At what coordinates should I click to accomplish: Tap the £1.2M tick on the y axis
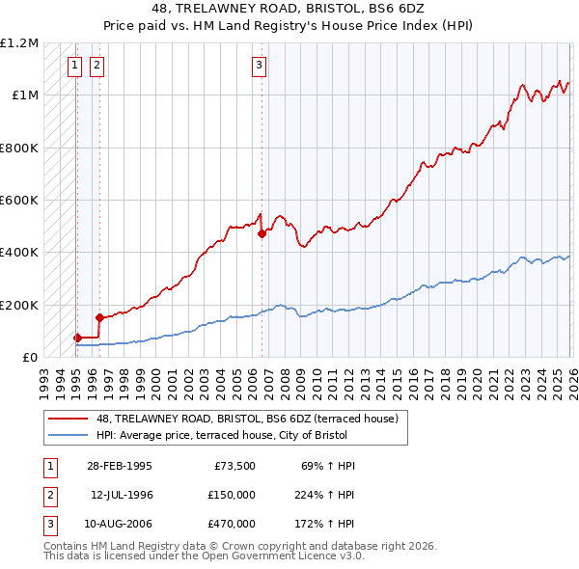(x=19, y=43)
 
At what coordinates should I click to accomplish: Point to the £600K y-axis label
(x=19, y=201)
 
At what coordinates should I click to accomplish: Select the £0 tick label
(x=31, y=357)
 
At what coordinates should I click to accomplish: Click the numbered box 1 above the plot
(x=75, y=66)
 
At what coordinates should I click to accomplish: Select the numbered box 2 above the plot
(x=97, y=66)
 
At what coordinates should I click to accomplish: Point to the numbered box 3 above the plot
(x=260, y=66)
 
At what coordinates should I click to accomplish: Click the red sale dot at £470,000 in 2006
(x=262, y=233)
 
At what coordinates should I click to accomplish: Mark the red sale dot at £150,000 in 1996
(x=99, y=316)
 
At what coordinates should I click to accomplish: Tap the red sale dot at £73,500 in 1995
(x=77, y=338)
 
